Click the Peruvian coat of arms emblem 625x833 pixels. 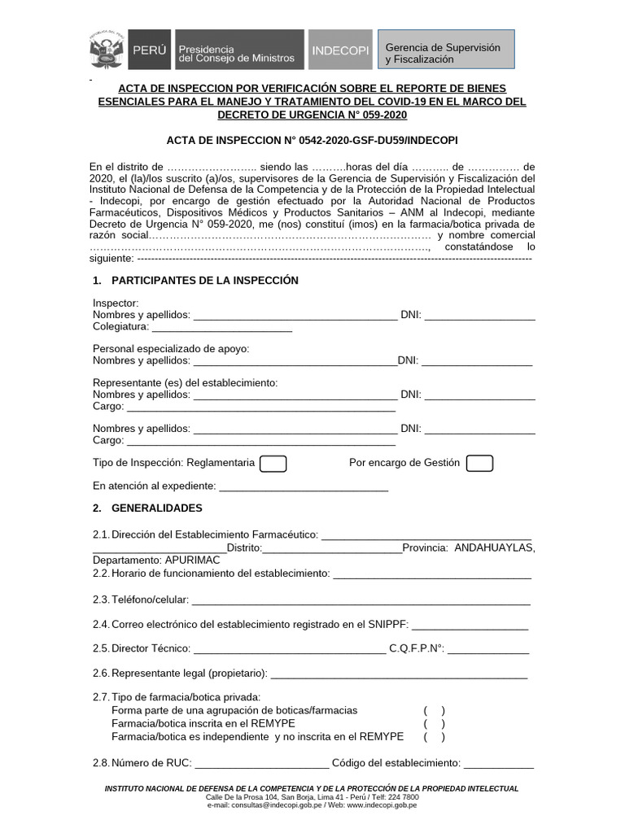(x=106, y=50)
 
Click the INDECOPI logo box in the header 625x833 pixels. (x=339, y=50)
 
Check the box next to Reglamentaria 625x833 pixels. (x=273, y=464)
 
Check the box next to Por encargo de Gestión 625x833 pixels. (x=479, y=464)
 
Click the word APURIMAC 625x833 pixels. (x=186, y=560)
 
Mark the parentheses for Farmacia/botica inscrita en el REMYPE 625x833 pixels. (x=434, y=724)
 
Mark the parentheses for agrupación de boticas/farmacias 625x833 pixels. (x=434, y=710)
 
